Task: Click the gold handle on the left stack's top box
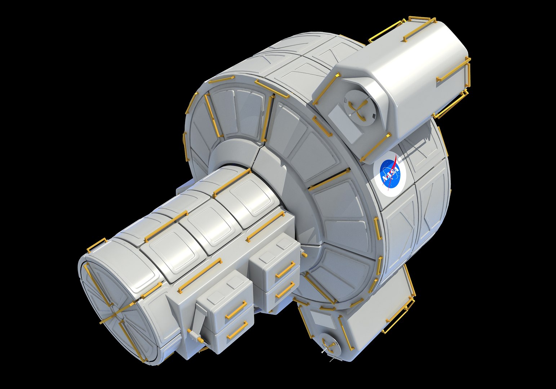236,310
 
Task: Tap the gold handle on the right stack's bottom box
285,290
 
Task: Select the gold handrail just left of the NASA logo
375,148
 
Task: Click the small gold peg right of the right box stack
304,254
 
